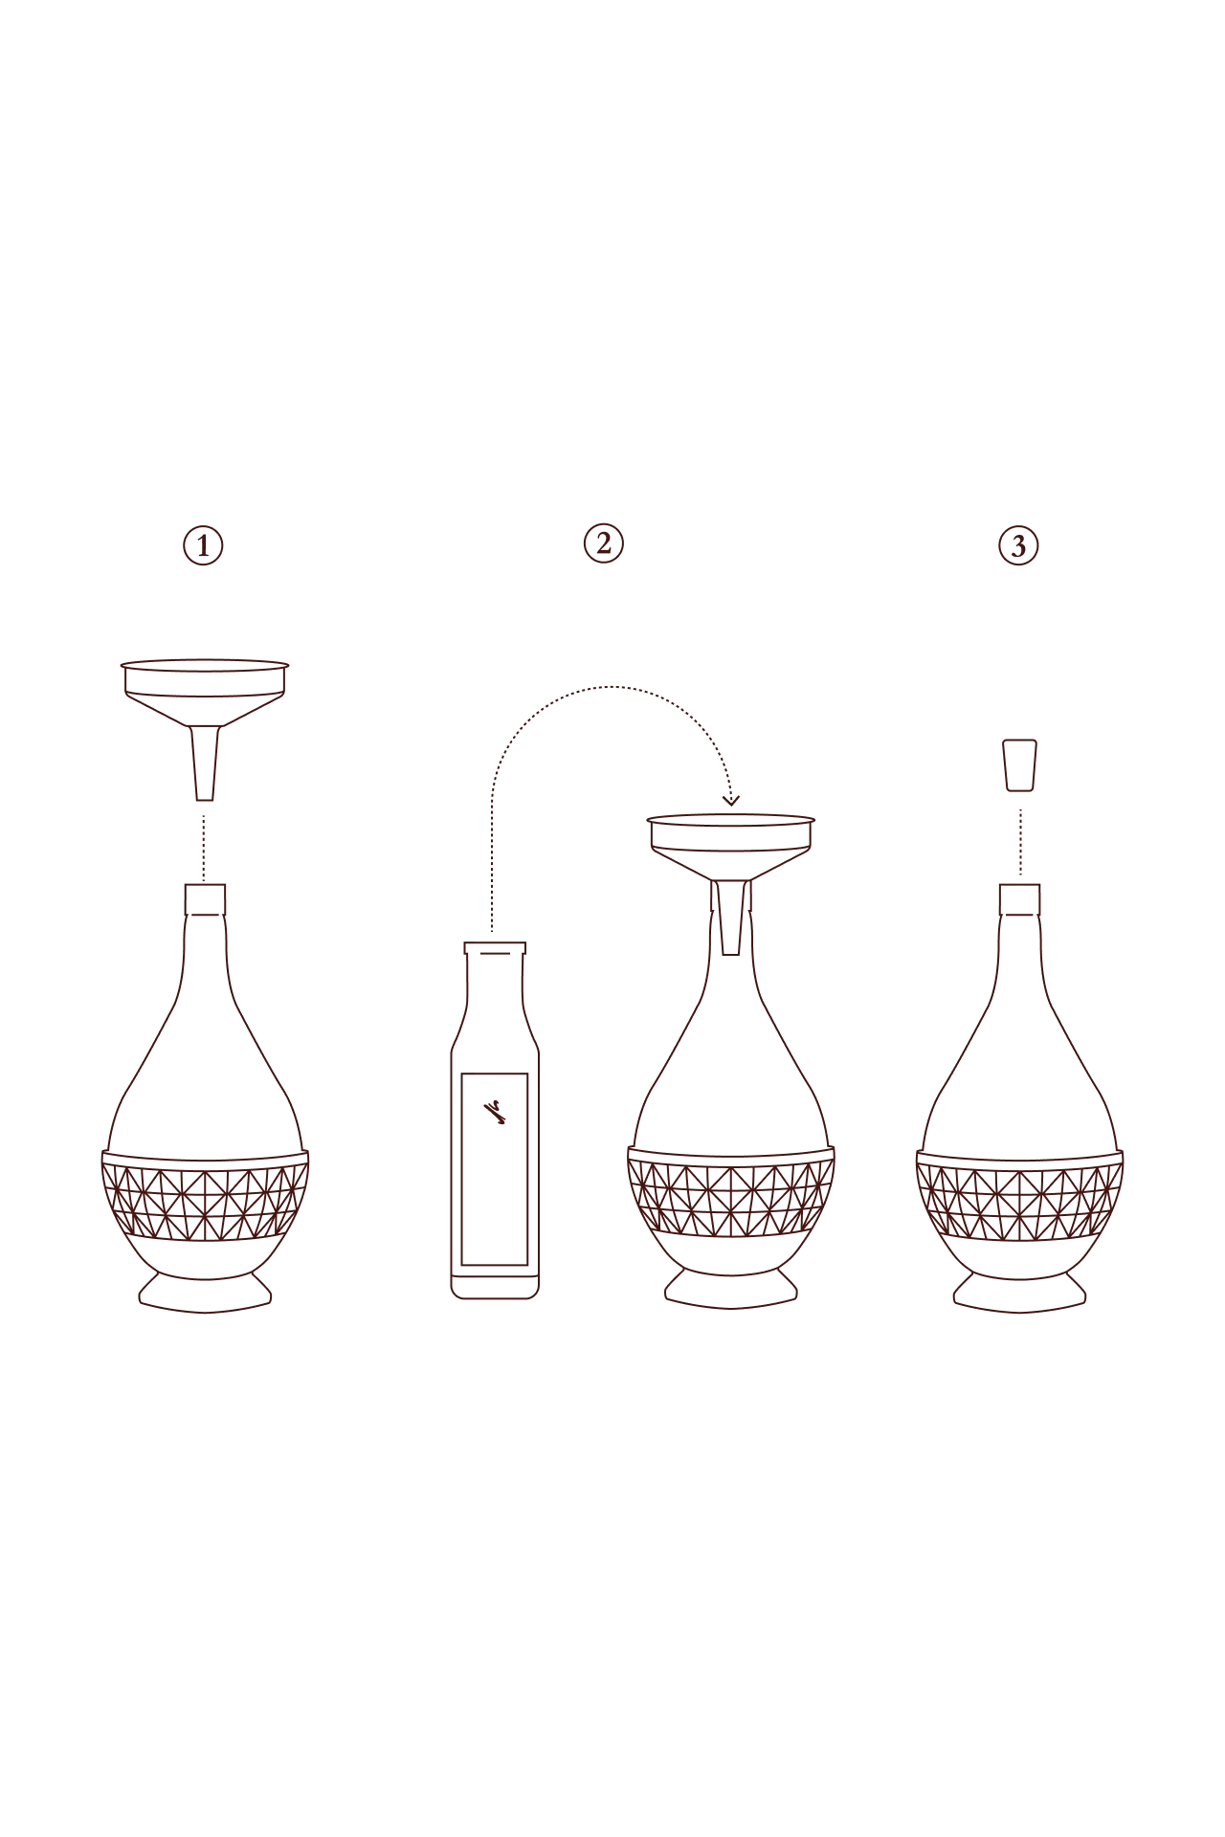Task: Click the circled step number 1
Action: coord(203,545)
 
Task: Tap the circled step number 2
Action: coord(604,544)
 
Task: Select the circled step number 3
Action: coord(1017,544)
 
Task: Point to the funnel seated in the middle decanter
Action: coord(731,847)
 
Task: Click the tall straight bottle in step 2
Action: coord(494,1148)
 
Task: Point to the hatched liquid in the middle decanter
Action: coord(731,1196)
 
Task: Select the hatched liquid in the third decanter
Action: coord(1018,1196)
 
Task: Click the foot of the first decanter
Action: coord(206,1295)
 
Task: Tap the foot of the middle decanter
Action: coord(731,1294)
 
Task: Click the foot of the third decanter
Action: coord(1018,1295)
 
